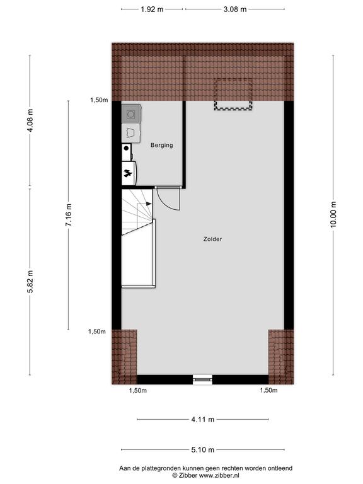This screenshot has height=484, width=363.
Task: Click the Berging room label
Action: pos(162,145)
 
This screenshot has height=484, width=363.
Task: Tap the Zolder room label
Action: pos(212,239)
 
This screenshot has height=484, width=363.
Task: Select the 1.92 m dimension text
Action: pos(152,9)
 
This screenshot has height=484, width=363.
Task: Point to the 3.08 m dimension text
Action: pos(235,9)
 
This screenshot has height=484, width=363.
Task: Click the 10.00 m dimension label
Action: pos(333,214)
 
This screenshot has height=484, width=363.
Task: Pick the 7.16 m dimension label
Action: pos(68,215)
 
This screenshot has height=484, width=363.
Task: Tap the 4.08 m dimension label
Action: pos(30,120)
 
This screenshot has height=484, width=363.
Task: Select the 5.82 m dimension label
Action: pos(30,282)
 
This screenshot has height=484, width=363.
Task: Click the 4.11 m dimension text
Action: pos(202,420)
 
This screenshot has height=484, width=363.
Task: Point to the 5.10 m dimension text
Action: pos(202,450)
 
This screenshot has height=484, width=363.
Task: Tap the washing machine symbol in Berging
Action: pos(131,114)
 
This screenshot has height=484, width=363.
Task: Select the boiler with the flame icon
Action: pos(129,173)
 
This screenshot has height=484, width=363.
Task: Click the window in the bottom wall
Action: pos(202,379)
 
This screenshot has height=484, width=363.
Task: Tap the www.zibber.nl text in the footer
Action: pos(219,476)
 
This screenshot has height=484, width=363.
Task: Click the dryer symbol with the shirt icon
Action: pos(131,134)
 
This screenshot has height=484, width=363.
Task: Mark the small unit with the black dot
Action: pos(127,152)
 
